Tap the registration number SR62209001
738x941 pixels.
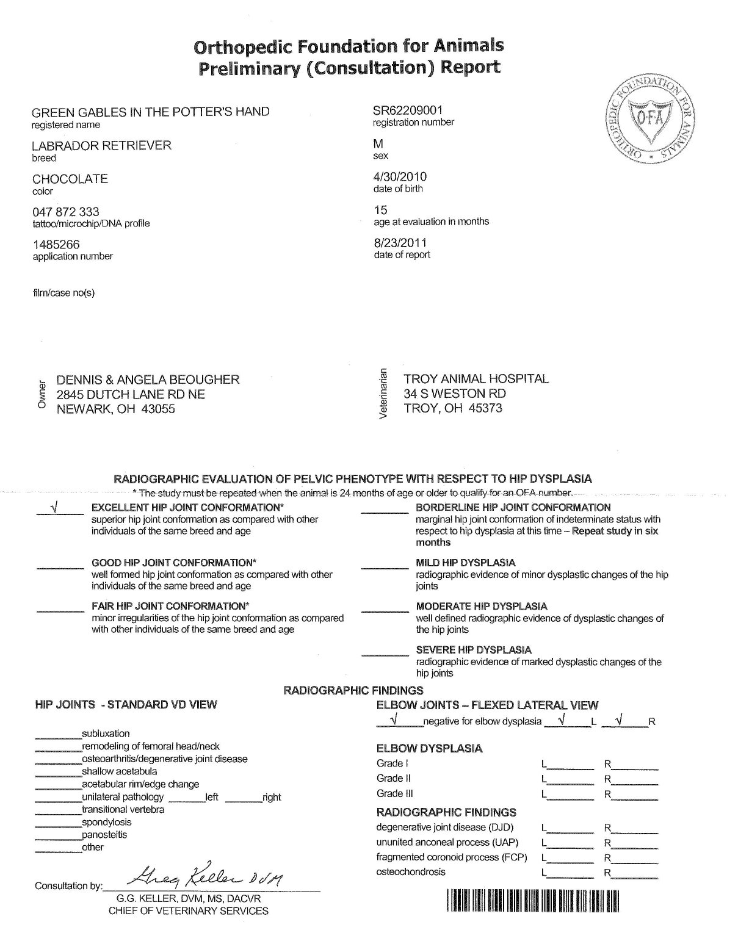pos(408,110)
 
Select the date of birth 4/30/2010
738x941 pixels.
pos(400,176)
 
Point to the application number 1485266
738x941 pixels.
pos(56,245)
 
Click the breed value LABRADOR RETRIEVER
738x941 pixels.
pos(102,145)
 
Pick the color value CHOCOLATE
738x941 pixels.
pos(70,179)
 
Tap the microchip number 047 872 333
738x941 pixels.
pos(66,212)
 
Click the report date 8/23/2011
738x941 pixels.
pos(400,243)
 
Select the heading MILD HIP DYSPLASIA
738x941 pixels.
pos(465,563)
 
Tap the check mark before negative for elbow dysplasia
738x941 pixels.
pos(394,721)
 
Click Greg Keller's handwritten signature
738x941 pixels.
pos(204,878)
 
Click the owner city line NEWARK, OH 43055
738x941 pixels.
pos(116,409)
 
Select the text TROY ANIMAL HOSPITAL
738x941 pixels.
pos(476,379)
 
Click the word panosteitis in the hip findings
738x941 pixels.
pos(104,835)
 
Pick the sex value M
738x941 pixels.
pos(378,144)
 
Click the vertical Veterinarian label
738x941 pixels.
pos(383,394)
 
